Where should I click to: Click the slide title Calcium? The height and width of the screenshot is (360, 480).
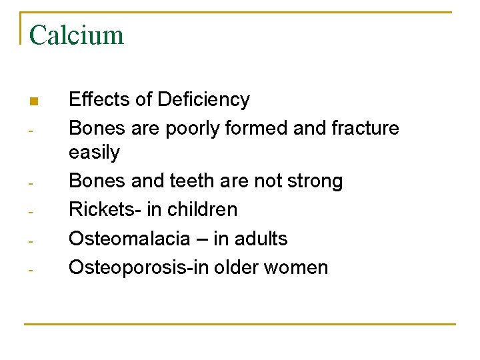pyautogui.click(x=77, y=35)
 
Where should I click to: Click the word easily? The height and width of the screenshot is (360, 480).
pyautogui.click(x=94, y=153)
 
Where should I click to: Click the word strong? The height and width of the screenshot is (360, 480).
pyautogui.click(x=313, y=181)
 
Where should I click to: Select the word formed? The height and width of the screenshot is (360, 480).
pyautogui.click(x=256, y=127)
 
